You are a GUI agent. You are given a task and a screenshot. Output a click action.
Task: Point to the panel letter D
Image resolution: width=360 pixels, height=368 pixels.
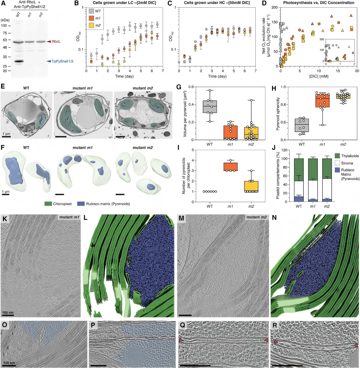264,4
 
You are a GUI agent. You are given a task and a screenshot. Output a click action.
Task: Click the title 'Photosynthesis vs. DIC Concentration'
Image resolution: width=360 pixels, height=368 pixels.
317,5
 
